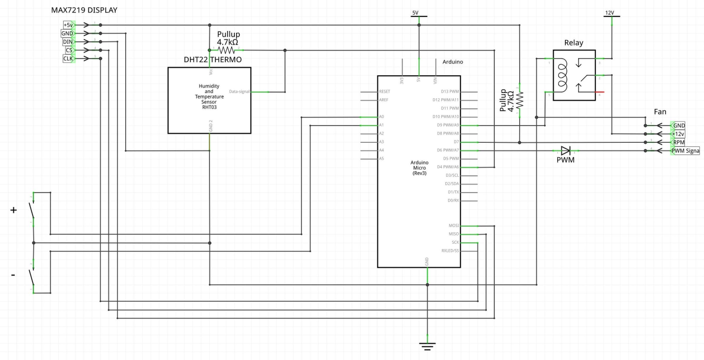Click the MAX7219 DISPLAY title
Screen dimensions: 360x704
click(x=84, y=10)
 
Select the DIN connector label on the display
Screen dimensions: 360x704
click(x=68, y=42)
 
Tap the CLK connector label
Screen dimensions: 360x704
click(x=68, y=59)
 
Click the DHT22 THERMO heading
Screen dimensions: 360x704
click(x=213, y=60)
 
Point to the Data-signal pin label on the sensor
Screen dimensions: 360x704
click(x=239, y=92)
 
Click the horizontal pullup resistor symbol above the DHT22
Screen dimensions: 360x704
click(x=226, y=50)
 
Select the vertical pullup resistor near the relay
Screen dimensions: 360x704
click(x=519, y=100)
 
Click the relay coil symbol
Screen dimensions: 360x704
click(x=562, y=75)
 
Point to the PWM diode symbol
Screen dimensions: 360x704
click(x=566, y=151)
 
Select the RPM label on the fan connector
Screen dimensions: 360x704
click(x=678, y=142)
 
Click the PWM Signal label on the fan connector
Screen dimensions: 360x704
click(x=685, y=151)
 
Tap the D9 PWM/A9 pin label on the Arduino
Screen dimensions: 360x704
click(x=448, y=125)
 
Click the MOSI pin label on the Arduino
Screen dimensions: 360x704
click(x=453, y=226)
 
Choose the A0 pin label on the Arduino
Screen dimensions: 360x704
click(x=381, y=117)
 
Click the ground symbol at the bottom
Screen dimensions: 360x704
click(x=427, y=346)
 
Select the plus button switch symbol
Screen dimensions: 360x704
click(x=32, y=210)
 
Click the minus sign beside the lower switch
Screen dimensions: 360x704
click(x=13, y=275)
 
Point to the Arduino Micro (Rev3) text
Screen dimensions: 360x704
click(x=419, y=168)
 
